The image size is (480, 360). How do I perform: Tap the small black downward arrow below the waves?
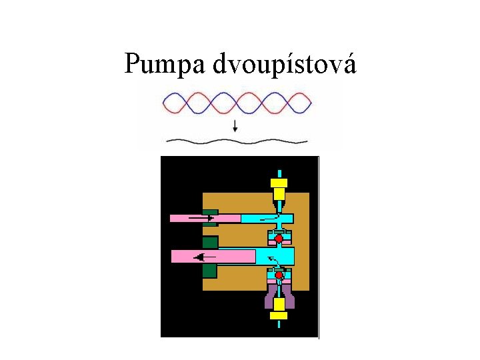click(235, 126)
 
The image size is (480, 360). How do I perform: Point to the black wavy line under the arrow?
click(237, 141)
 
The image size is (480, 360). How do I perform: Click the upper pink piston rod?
click(200, 218)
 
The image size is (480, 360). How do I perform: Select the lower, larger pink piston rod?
click(213, 256)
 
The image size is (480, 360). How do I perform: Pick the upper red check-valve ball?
click(279, 237)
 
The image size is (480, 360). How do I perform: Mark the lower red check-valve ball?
click(279, 275)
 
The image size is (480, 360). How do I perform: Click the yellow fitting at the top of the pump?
click(279, 183)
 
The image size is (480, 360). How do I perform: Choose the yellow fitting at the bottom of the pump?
click(279, 315)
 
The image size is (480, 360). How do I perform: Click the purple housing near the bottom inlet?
click(269, 300)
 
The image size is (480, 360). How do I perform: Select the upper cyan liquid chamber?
click(267, 218)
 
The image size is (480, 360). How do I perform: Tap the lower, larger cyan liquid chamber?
click(275, 256)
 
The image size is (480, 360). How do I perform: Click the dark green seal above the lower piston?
click(210, 241)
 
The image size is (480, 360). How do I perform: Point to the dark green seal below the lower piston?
click(210, 271)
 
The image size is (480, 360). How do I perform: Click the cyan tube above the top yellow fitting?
click(279, 171)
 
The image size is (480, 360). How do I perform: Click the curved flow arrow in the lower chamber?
click(273, 260)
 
